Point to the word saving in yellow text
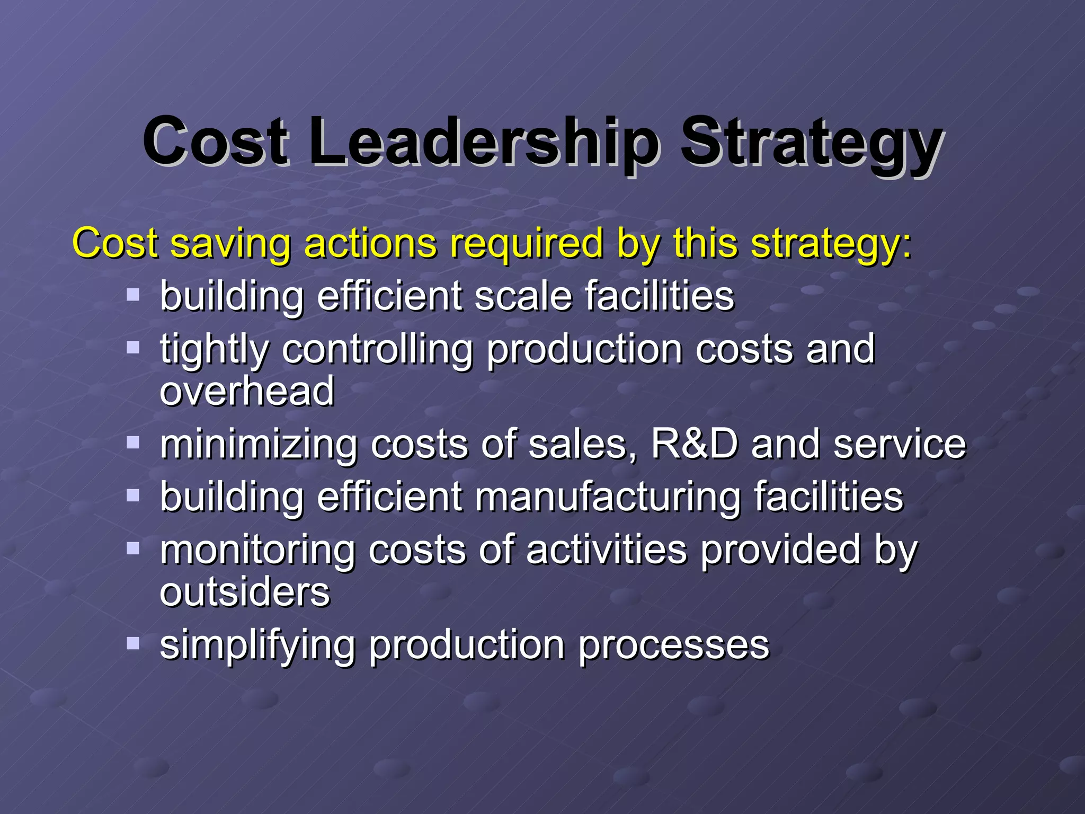tap(230, 244)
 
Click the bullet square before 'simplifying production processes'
tap(133, 643)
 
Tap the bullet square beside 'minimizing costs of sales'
tap(133, 442)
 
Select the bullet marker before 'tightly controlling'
tap(133, 348)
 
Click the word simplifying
tap(257, 645)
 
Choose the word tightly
tap(215, 350)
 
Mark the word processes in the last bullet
tap(673, 645)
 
